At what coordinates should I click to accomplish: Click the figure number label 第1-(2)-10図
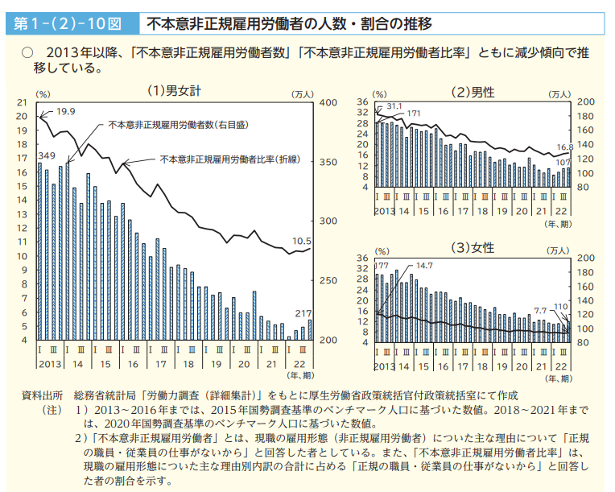(x=68, y=24)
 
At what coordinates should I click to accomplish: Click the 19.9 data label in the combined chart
(x=65, y=112)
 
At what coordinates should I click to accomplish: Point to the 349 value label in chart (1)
(x=47, y=155)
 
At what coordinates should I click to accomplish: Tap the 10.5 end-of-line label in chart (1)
(x=302, y=241)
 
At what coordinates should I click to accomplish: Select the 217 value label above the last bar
(x=303, y=313)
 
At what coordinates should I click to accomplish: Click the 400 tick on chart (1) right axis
(x=328, y=103)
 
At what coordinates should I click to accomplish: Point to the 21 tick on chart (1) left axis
(x=22, y=103)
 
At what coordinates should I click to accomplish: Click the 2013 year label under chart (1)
(x=50, y=364)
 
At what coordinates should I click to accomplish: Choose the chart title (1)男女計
(x=174, y=91)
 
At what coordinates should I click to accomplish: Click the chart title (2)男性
(x=473, y=93)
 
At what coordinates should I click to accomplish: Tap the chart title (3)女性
(x=473, y=248)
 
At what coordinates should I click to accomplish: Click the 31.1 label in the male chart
(x=394, y=106)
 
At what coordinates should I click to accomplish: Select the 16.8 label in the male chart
(x=565, y=147)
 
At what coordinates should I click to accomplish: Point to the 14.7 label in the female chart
(x=424, y=266)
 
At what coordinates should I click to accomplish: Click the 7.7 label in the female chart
(x=540, y=311)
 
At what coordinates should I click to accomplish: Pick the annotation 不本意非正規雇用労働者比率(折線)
(x=230, y=159)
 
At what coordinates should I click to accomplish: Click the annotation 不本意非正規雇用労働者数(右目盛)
(x=179, y=125)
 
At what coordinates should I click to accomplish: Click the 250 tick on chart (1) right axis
(x=328, y=280)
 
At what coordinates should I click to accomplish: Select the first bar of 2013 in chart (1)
(x=39, y=251)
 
